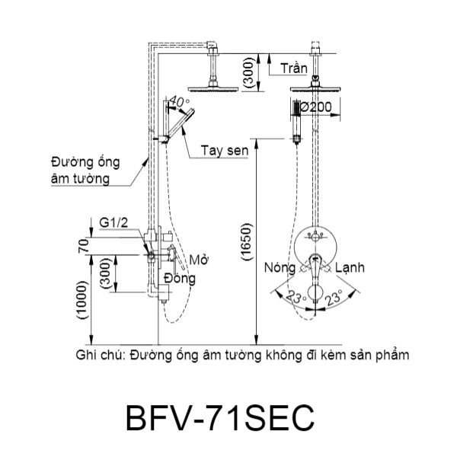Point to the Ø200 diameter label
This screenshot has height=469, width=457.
pos(315,108)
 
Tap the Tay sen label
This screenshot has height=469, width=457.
pos(225,151)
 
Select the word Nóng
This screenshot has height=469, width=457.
pos(280,268)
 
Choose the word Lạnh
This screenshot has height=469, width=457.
pos(351,268)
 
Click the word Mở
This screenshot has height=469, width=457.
pos(200,260)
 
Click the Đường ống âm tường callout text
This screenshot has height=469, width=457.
pos(79,171)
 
